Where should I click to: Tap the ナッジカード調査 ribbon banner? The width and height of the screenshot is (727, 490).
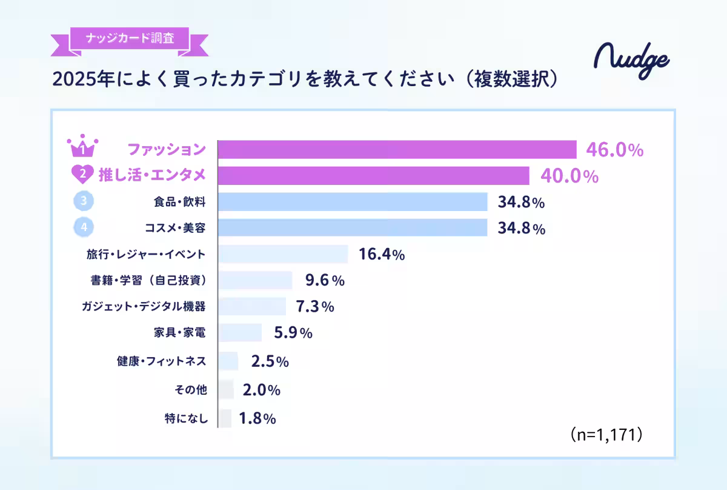point(130,39)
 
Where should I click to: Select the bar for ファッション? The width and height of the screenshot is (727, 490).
point(397,149)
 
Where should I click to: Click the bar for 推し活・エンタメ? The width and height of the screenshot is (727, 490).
point(373,176)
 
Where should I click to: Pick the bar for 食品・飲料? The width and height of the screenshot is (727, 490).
point(353,202)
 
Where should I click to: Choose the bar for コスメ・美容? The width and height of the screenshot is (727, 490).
point(353,228)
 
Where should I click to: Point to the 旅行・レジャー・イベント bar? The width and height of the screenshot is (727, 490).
point(283,254)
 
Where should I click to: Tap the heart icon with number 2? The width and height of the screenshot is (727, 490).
point(81,175)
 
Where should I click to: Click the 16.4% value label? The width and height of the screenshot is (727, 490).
point(382,255)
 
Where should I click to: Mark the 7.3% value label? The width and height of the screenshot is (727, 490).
point(314,307)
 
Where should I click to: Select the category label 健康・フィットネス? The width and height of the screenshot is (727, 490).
point(161,361)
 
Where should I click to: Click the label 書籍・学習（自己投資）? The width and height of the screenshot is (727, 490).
point(149,281)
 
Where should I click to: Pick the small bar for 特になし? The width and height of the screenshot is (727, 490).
point(225,418)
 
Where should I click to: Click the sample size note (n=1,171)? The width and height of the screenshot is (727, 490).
point(606,435)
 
